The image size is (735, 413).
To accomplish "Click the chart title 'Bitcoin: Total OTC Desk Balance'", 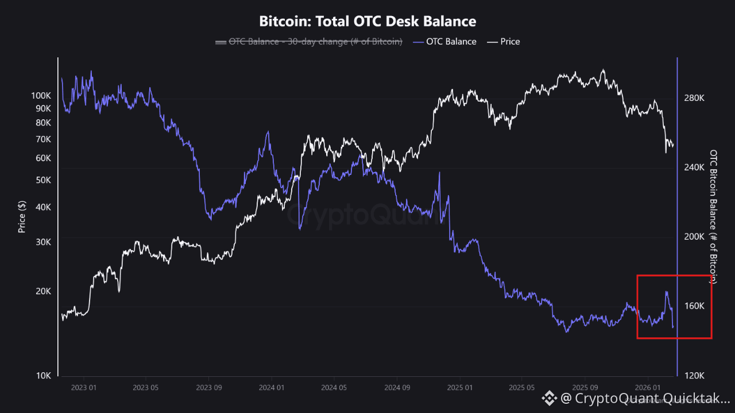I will (x=367, y=21).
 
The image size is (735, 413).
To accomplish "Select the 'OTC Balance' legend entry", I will (x=451, y=41).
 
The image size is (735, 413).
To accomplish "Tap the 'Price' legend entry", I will (x=510, y=41).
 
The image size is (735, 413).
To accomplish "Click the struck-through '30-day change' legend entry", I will (x=315, y=41).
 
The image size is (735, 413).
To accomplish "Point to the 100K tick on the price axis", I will (x=41, y=96).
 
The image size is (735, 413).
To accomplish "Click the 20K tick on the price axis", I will (x=43, y=291).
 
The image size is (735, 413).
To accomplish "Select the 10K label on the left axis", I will (x=43, y=376).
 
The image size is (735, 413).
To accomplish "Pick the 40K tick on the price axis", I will (x=43, y=207).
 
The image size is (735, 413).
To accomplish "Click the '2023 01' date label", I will (x=84, y=388).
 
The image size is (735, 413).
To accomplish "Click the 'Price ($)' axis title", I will (x=22, y=216).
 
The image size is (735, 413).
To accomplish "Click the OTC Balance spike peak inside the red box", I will (x=666, y=292).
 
